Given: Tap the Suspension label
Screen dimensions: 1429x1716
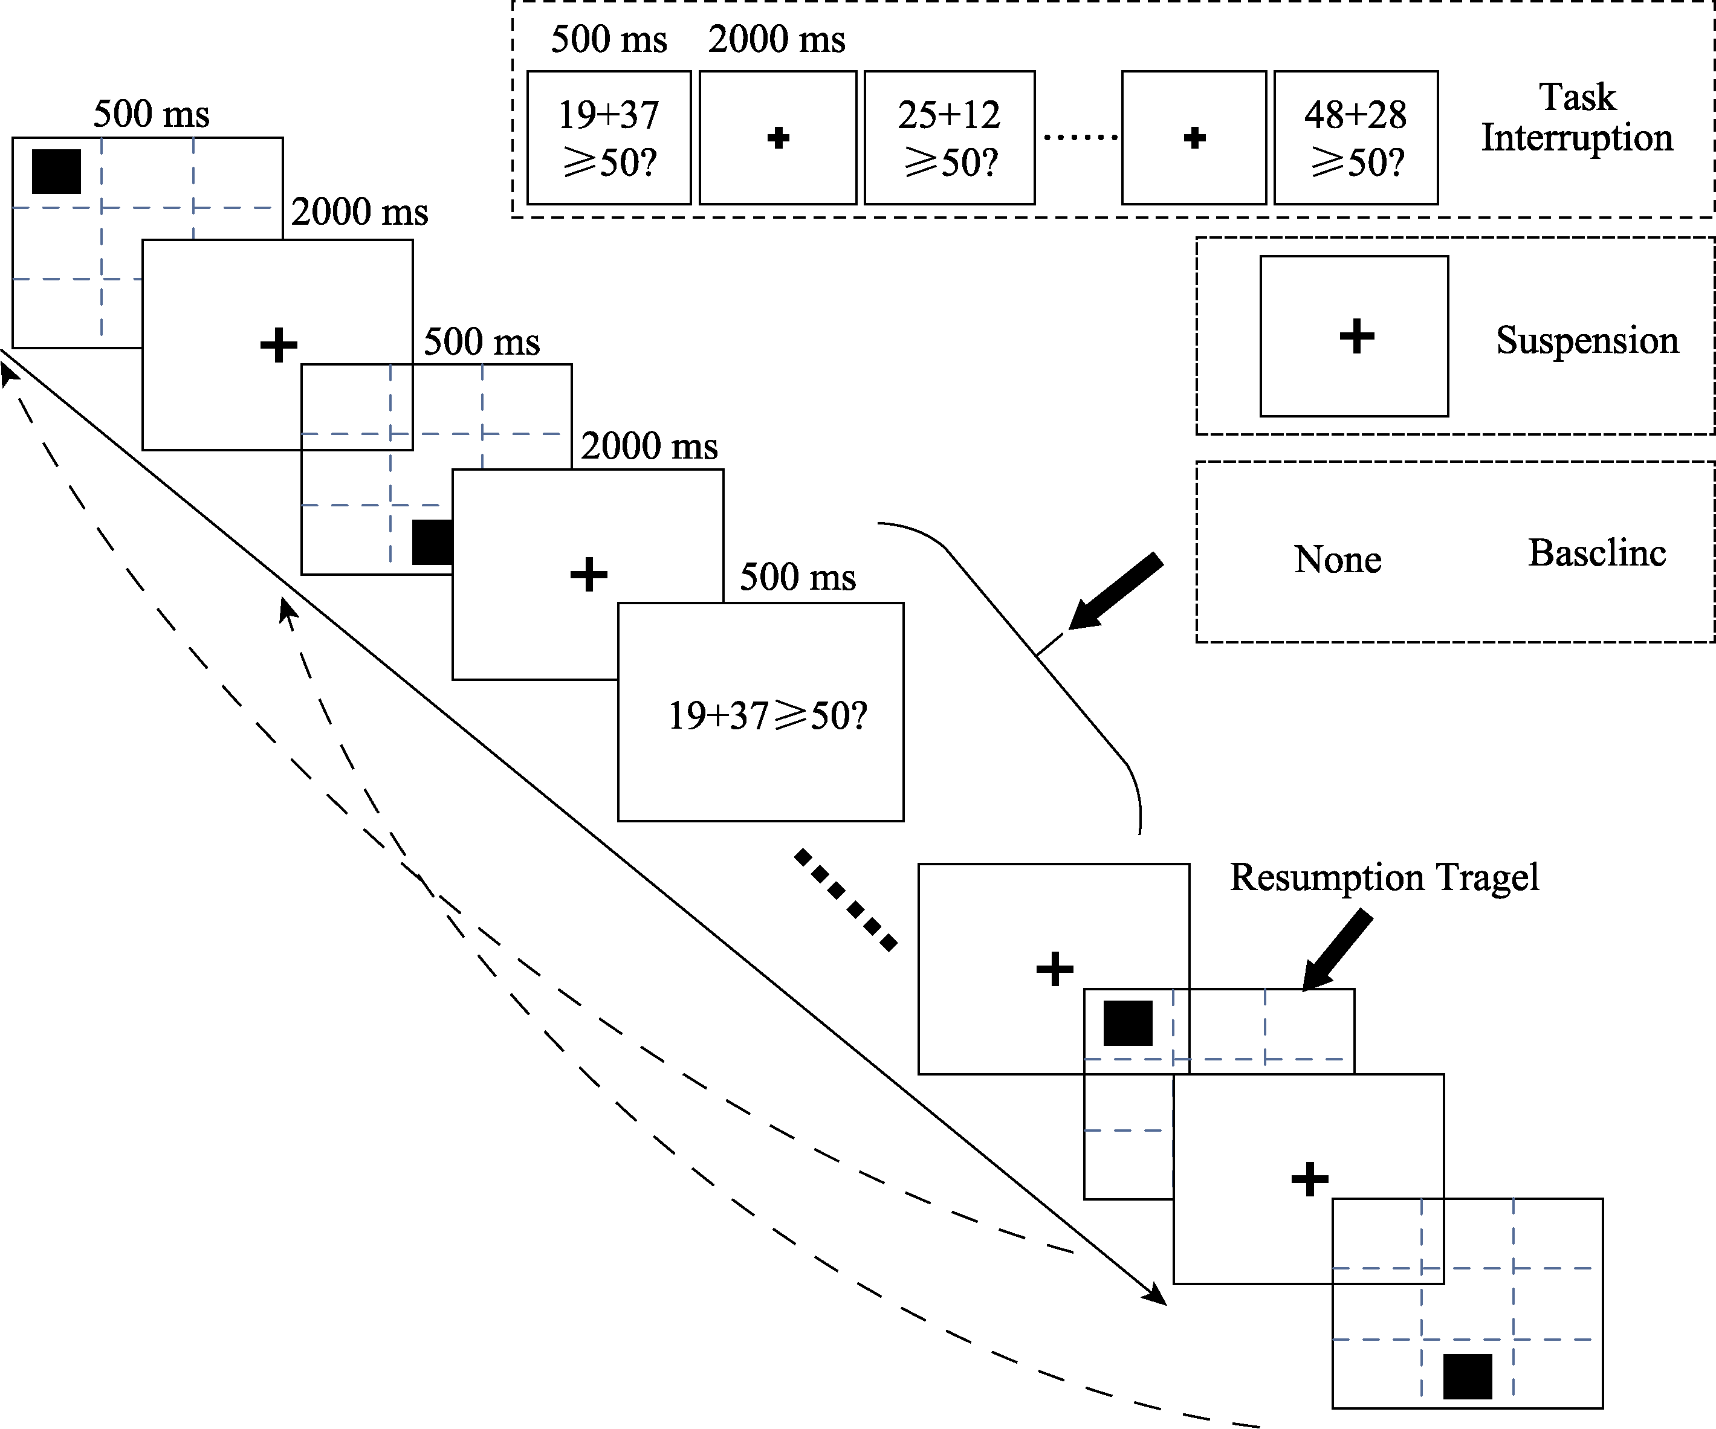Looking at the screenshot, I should [1587, 340].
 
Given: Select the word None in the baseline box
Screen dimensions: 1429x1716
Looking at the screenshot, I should [1338, 560].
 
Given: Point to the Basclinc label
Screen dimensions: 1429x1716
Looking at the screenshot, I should [1597, 553].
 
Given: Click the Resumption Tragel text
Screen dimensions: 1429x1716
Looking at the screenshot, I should [1384, 877].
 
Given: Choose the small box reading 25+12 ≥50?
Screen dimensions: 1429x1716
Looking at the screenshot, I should [950, 137].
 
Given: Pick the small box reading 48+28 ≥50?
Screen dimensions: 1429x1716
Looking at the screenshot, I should [1356, 137].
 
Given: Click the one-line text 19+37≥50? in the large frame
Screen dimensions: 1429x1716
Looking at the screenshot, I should [767, 716].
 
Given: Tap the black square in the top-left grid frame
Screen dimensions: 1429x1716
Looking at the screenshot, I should [56, 172].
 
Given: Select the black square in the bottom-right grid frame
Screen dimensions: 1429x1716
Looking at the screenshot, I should [1468, 1376].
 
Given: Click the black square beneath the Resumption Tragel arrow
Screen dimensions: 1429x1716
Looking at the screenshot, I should [1128, 1023].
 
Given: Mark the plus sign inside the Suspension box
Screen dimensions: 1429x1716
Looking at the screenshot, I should [1356, 336].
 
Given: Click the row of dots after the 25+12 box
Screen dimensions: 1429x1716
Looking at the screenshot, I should [1080, 137].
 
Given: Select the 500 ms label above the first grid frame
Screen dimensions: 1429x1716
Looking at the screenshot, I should [151, 114].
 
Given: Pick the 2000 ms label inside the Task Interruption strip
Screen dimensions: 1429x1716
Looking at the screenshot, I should [776, 39].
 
